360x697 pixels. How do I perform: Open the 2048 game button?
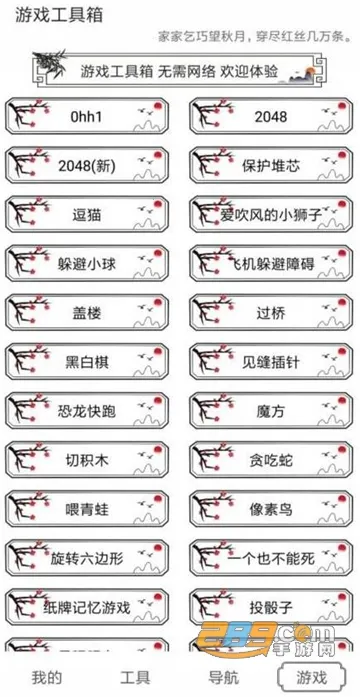pos(270,117)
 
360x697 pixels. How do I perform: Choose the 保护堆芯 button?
pos(270,165)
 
